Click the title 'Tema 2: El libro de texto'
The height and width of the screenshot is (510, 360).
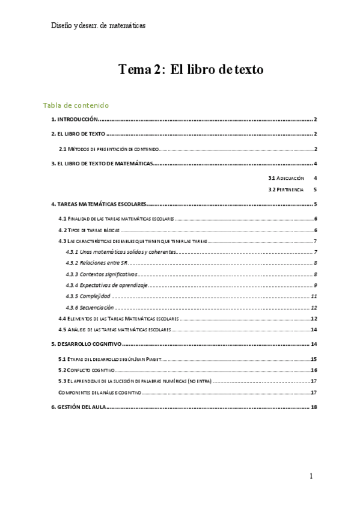(x=191, y=70)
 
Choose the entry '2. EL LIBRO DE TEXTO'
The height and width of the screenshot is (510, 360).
(x=78, y=134)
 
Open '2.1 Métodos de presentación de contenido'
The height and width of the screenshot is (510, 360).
(x=108, y=149)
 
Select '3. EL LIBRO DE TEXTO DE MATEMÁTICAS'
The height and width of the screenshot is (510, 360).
(x=102, y=164)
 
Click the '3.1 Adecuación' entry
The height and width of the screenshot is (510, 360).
(x=286, y=179)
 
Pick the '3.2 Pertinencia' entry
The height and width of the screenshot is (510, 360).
(x=286, y=190)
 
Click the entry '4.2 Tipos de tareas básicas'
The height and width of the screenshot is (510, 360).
(x=90, y=230)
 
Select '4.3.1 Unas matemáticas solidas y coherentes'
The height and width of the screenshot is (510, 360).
(x=120, y=251)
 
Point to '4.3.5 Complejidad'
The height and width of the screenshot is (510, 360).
(x=87, y=296)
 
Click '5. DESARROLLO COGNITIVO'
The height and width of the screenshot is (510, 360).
(x=87, y=344)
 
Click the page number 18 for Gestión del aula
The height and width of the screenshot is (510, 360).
(x=314, y=407)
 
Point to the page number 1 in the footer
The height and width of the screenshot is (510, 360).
(x=311, y=476)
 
